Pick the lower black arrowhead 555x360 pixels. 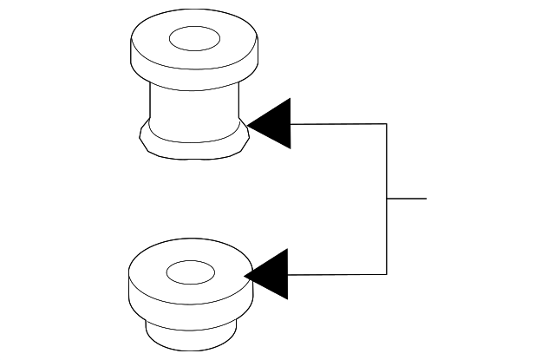point(271,274)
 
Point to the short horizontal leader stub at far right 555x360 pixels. point(407,199)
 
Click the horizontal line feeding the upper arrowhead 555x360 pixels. point(338,124)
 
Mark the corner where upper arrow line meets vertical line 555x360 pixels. point(386,124)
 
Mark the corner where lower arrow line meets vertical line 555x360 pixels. point(386,274)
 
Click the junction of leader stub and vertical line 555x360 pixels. point(386,199)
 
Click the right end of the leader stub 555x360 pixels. point(426,199)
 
